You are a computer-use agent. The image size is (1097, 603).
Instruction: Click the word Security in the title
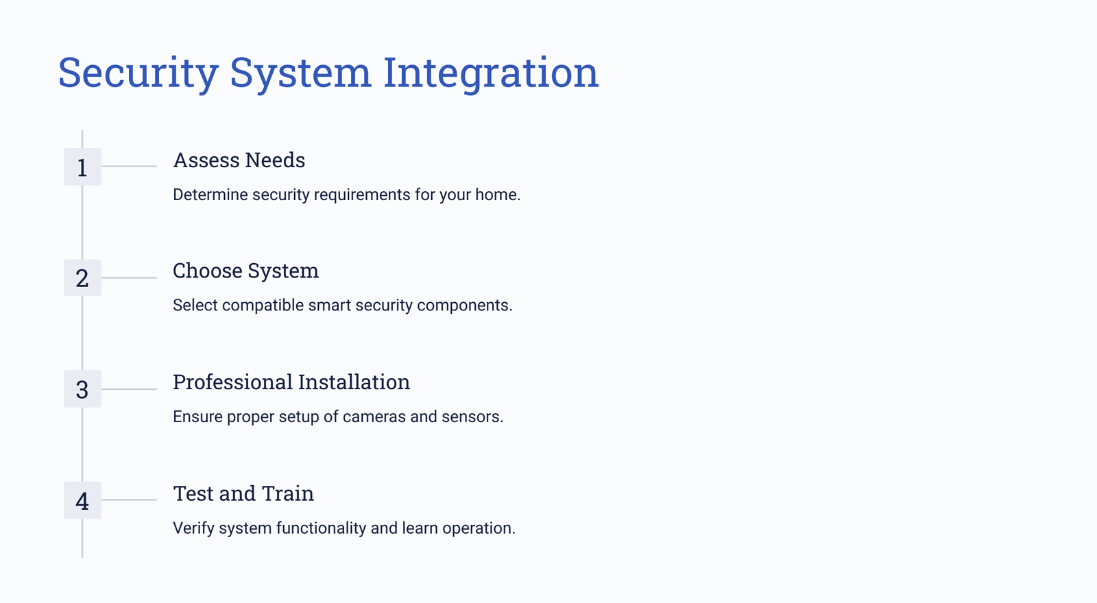pos(138,73)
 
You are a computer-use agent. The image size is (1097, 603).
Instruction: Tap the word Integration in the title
pos(491,73)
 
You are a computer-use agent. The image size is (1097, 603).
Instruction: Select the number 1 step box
pos(82,167)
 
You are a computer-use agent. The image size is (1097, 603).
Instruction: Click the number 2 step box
pos(82,278)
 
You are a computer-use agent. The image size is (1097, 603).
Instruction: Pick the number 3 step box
pos(82,389)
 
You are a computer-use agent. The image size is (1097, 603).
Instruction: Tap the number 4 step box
pos(82,500)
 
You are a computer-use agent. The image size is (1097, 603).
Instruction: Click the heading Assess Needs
pos(239,160)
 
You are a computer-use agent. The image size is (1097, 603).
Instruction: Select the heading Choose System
pos(246,271)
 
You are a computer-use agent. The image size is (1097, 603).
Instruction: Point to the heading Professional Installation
pos(291,382)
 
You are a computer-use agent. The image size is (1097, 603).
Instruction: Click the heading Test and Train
pos(243,493)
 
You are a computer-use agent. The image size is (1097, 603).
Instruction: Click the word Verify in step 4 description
pos(193,528)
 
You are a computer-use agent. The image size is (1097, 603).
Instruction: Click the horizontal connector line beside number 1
pos(129,167)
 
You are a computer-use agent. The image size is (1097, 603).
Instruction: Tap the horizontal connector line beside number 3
pos(129,389)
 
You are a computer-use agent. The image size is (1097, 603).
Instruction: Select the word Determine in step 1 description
pos(210,195)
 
